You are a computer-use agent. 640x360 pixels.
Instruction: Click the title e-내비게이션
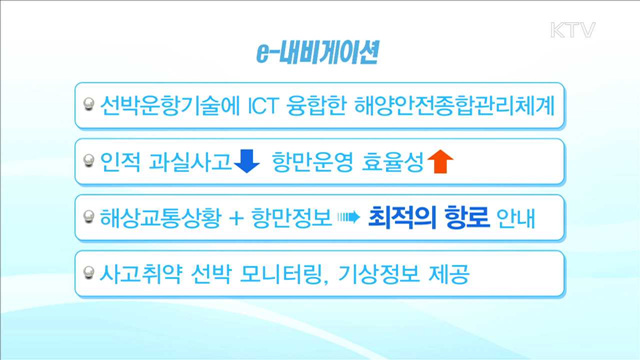point(317,53)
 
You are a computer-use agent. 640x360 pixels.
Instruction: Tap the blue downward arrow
point(247,159)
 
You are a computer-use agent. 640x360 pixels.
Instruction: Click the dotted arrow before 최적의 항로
point(346,216)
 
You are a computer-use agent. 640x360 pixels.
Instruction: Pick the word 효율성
point(391,160)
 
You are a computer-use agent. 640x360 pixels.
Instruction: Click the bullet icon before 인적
point(89,160)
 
